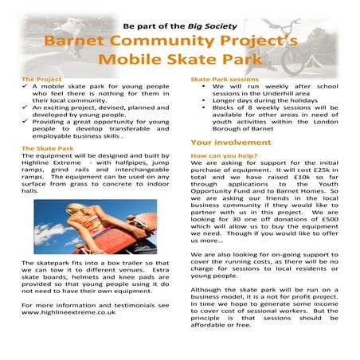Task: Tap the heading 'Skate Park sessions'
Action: click(221, 80)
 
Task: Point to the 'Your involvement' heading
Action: click(225, 120)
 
